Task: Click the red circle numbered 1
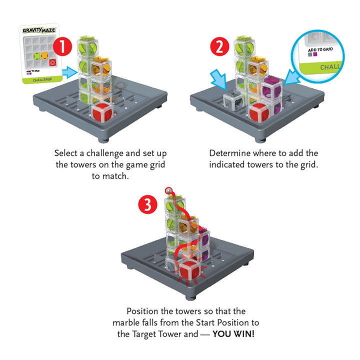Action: coord(62,46)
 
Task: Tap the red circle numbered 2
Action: coord(219,46)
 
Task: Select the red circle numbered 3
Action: coord(147,204)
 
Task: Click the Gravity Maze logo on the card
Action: coord(39,30)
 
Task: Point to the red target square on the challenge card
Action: coord(53,62)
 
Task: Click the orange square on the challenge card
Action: coord(44,55)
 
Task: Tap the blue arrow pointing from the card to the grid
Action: coord(70,72)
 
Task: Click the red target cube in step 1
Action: coord(102,112)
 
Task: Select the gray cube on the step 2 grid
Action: coord(233,100)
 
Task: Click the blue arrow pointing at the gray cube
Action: coord(218,79)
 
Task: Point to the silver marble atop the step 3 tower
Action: coord(169,190)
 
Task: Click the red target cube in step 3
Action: coord(189,270)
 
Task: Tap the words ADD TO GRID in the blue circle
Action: coord(320,49)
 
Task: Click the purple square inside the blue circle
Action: coord(315,54)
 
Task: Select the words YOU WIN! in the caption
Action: coord(233,334)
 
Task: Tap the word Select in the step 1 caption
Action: coord(65,153)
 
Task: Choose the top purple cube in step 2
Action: coord(272,87)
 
